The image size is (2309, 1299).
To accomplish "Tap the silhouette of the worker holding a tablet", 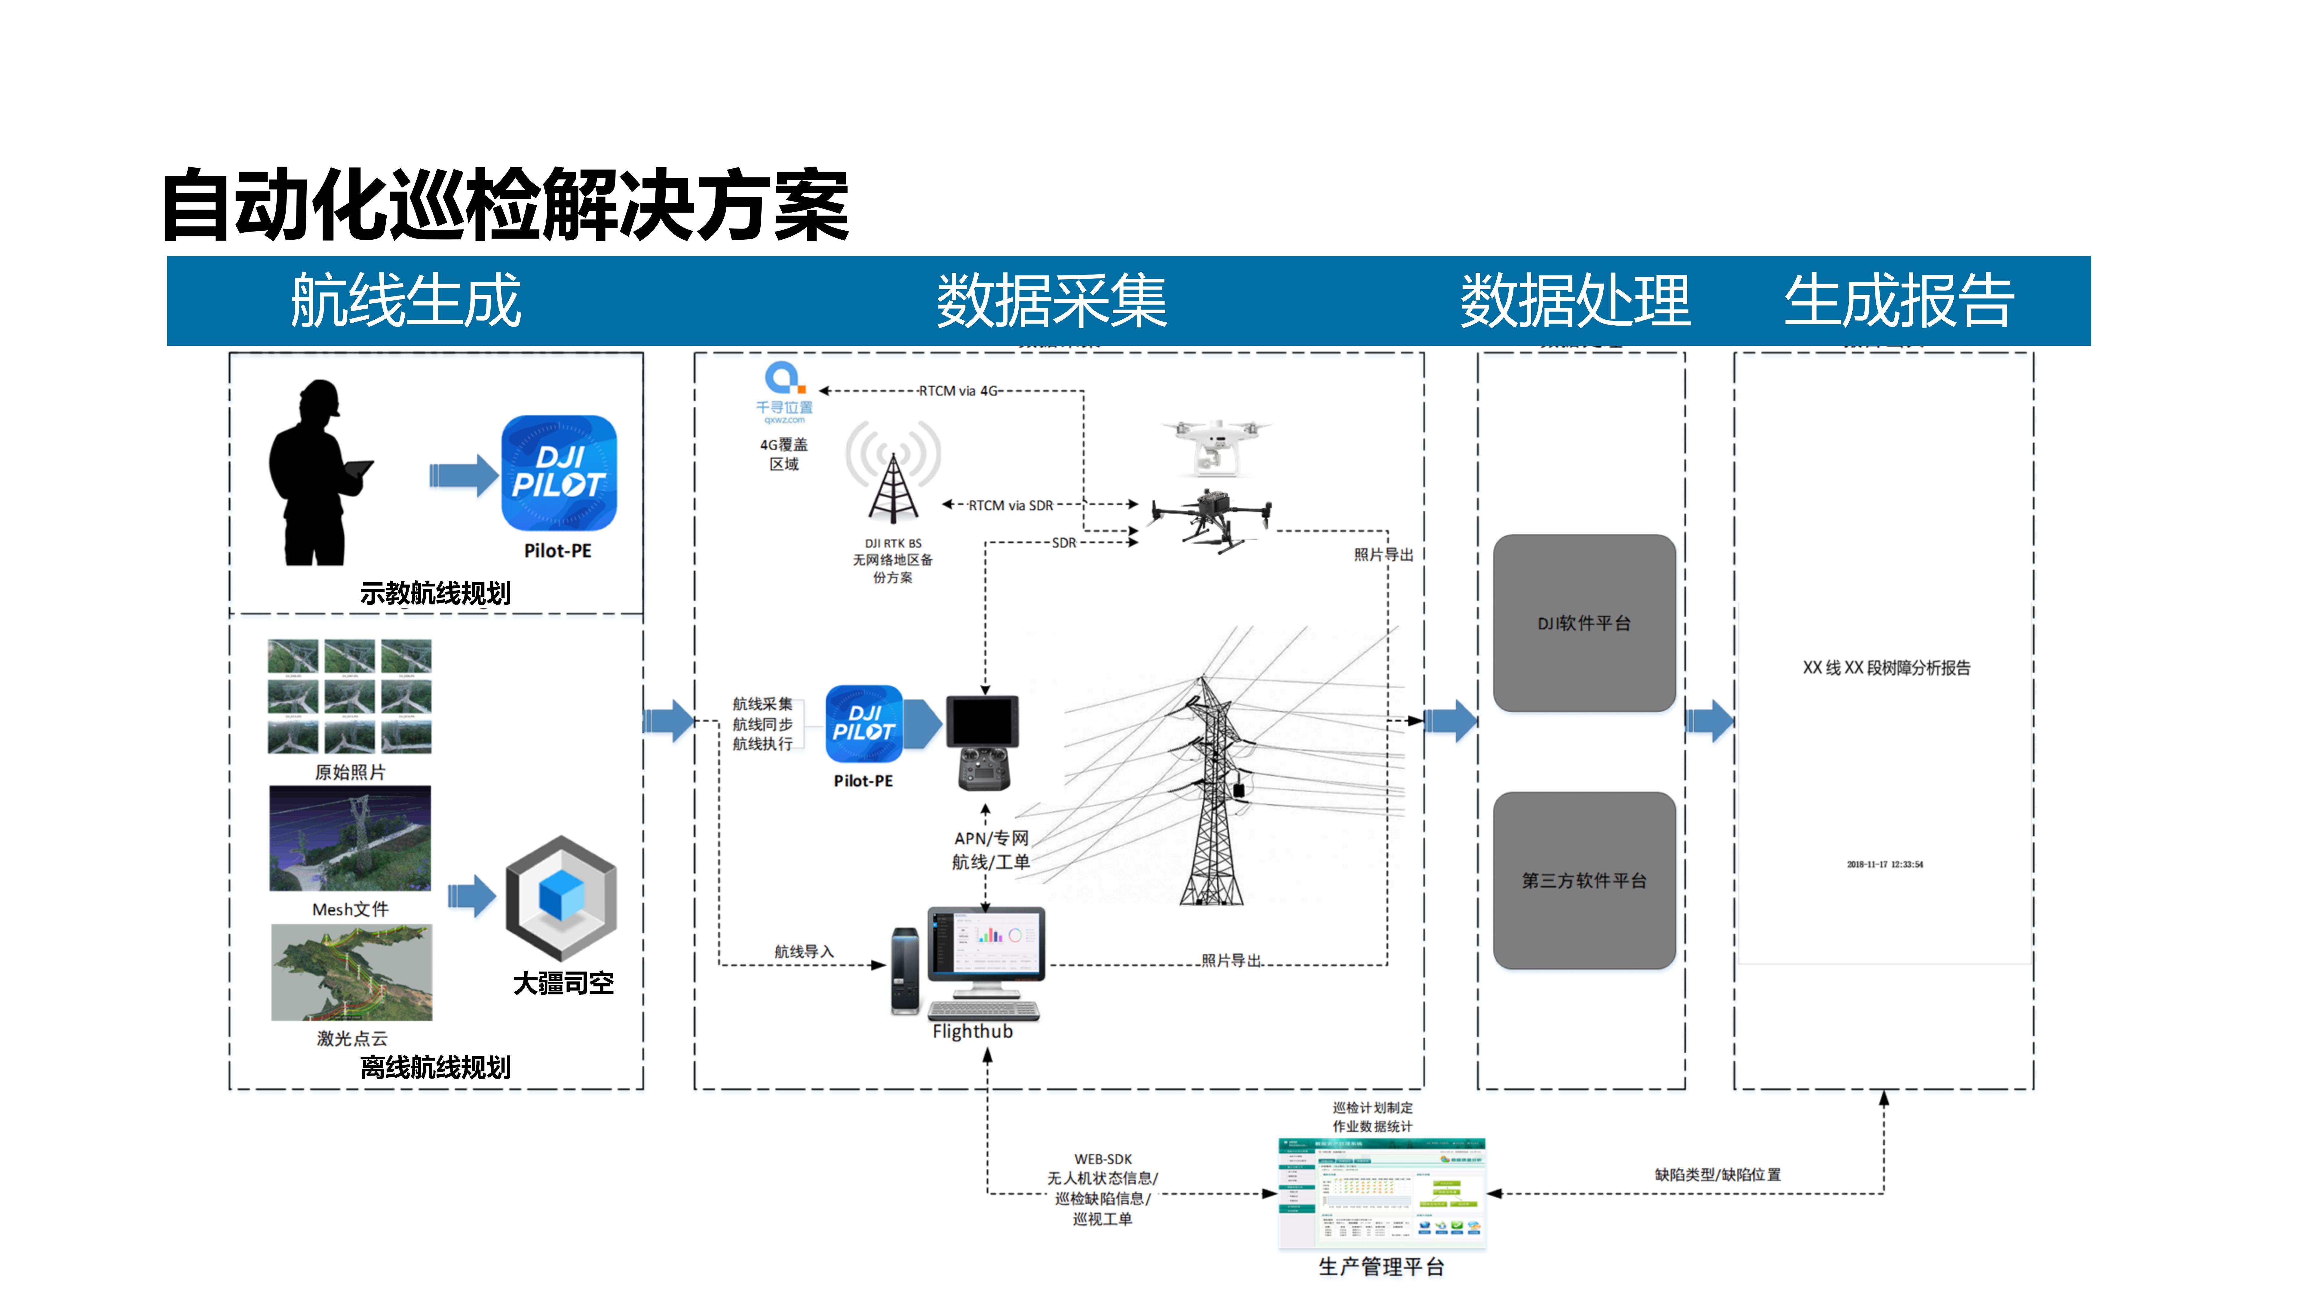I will (314, 475).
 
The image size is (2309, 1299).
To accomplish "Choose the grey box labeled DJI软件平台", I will (1584, 623).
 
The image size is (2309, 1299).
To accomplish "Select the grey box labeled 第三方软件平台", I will (1584, 880).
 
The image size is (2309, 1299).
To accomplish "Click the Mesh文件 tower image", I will (350, 838).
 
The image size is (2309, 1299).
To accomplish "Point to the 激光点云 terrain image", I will (351, 973).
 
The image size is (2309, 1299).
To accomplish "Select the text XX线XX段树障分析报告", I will (1886, 668).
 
